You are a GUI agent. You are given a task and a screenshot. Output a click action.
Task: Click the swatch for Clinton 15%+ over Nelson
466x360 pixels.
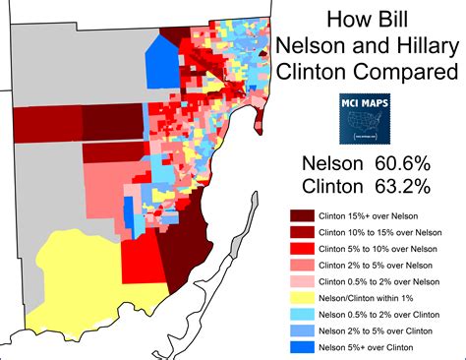(x=301, y=214)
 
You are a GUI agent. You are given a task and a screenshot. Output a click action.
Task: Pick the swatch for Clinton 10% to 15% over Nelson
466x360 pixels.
(x=301, y=231)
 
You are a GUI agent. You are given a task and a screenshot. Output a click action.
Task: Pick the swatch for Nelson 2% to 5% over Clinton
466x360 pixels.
(x=301, y=331)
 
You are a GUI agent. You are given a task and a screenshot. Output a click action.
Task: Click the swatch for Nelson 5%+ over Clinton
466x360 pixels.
(x=301, y=348)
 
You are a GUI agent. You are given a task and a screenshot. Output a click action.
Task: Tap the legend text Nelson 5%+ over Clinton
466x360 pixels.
(x=379, y=348)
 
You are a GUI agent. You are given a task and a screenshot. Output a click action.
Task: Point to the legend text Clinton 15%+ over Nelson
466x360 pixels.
(x=379, y=214)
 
